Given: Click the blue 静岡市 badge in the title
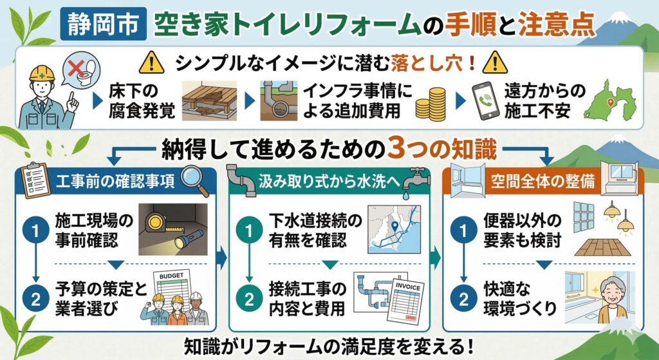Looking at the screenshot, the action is click(104, 24).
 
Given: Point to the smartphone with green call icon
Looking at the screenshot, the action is click(483, 100).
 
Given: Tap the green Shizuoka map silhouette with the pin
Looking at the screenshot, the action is click(610, 100).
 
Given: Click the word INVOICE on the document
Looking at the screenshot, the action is click(407, 288).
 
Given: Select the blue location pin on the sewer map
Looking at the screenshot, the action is click(394, 226).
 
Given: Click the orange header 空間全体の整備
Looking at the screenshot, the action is click(543, 184).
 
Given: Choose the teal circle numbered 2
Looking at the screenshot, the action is click(250, 299).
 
